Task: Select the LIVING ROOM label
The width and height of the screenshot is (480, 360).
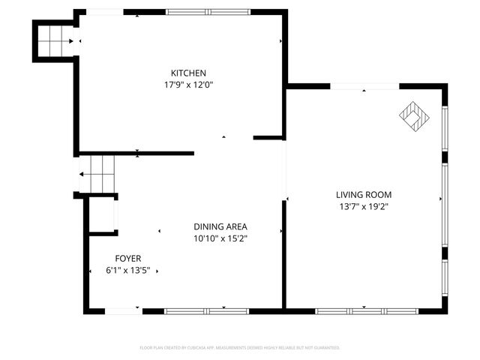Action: (363, 194)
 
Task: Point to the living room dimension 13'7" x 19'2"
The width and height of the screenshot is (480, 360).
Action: (363, 206)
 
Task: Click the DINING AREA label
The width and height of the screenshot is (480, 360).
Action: (220, 226)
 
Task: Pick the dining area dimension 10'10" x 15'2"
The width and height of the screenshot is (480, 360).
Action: (220, 238)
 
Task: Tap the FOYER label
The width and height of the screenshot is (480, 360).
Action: (127, 258)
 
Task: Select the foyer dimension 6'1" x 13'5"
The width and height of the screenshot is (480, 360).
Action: (127, 270)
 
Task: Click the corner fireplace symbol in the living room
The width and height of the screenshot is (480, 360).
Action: (413, 115)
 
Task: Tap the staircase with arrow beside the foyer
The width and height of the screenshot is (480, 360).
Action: (97, 173)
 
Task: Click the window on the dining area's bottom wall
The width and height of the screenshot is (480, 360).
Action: (196, 310)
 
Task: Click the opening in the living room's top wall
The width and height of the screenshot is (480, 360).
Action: (364, 87)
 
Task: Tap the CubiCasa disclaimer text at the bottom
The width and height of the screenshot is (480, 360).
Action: (240, 348)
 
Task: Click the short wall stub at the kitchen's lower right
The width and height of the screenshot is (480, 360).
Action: (267, 138)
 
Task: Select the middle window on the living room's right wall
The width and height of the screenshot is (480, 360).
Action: (445, 205)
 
